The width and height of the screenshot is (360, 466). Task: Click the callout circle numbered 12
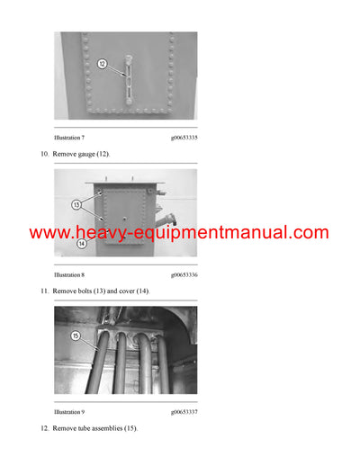102,64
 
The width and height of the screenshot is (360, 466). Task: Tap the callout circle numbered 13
77,204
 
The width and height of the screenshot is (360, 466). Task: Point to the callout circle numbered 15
76,337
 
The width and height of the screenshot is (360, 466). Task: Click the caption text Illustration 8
69,273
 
